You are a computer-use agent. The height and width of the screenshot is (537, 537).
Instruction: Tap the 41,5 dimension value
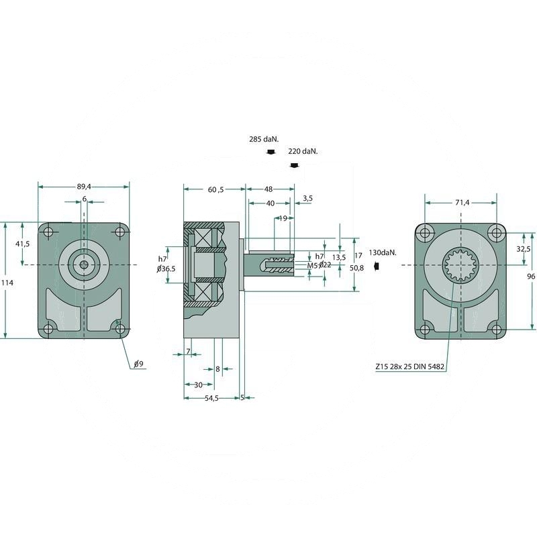[23, 244]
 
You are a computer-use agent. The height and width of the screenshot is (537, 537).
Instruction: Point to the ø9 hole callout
[138, 364]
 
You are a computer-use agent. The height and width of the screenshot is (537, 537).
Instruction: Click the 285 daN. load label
[263, 139]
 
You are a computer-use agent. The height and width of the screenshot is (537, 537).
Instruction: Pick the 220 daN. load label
[303, 152]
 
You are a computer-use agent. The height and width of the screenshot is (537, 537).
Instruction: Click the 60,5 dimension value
[215, 190]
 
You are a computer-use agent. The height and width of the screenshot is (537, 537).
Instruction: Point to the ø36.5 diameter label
[166, 268]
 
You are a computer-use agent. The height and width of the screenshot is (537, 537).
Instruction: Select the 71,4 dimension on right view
[462, 201]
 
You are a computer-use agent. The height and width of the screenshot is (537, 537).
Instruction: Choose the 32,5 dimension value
[524, 248]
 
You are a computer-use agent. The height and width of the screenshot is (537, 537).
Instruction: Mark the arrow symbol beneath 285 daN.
[270, 153]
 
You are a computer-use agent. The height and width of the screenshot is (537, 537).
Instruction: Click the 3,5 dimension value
[307, 199]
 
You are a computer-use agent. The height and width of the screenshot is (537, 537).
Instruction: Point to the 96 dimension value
[531, 276]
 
